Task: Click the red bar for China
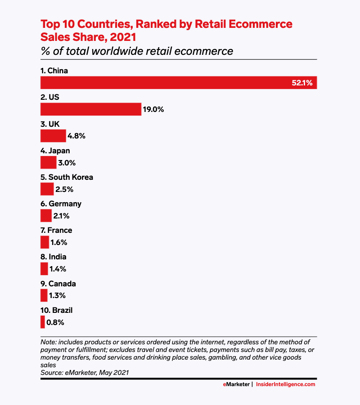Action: (x=179, y=83)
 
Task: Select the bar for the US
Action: (x=91, y=109)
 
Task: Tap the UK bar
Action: (x=53, y=136)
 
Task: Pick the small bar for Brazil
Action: (x=43, y=322)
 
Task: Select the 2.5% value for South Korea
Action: (x=64, y=189)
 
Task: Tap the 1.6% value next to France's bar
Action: (x=58, y=243)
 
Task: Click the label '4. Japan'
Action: (x=55, y=151)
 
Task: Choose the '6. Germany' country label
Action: (x=61, y=204)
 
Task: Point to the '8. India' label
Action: (x=53, y=257)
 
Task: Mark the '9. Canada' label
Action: (x=58, y=284)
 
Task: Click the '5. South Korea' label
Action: (x=67, y=177)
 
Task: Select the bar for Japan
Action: (x=48, y=163)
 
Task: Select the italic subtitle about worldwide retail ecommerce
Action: (x=137, y=51)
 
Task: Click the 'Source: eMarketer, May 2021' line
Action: (x=85, y=372)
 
